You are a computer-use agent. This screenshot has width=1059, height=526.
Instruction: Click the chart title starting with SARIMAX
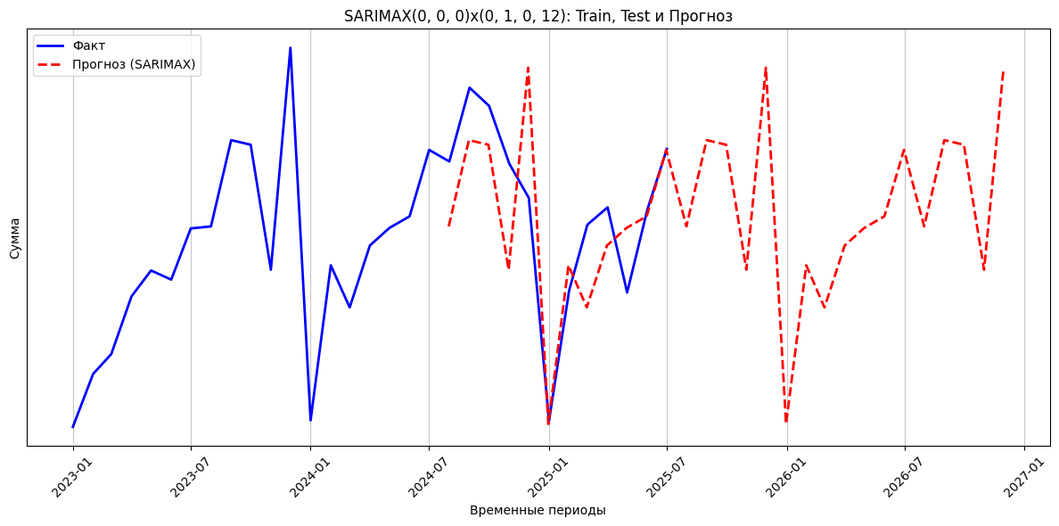point(538,16)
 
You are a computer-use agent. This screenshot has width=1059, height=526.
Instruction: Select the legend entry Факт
point(88,45)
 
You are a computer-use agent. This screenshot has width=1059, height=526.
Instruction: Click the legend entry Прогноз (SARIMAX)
point(134,64)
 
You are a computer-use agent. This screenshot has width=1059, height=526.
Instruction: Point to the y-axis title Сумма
point(15,238)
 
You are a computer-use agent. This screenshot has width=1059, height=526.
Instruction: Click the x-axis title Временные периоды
point(538,510)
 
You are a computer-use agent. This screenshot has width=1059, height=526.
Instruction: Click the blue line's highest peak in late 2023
point(290,48)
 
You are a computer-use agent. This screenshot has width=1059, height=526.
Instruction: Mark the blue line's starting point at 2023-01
point(73,427)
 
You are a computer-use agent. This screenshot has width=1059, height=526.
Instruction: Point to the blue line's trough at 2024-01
point(310,420)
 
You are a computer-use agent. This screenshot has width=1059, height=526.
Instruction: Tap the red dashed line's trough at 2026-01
point(786,422)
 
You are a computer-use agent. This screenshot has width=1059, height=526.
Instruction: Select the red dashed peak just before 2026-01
point(766,67)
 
